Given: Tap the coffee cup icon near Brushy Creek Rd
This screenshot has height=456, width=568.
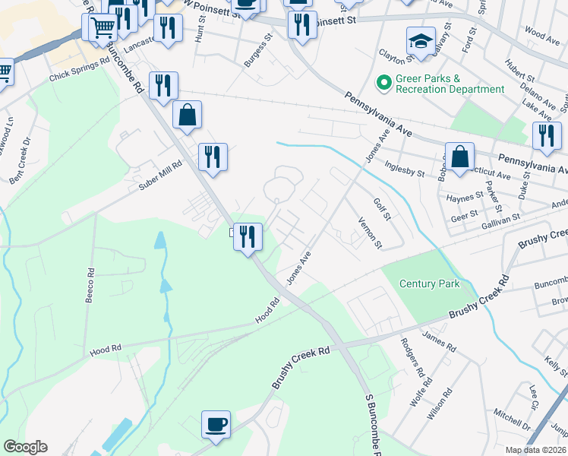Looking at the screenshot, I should (x=216, y=424).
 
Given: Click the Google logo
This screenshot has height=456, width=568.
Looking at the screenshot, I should (x=25, y=446).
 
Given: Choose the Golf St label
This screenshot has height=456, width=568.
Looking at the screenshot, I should (x=381, y=210).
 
